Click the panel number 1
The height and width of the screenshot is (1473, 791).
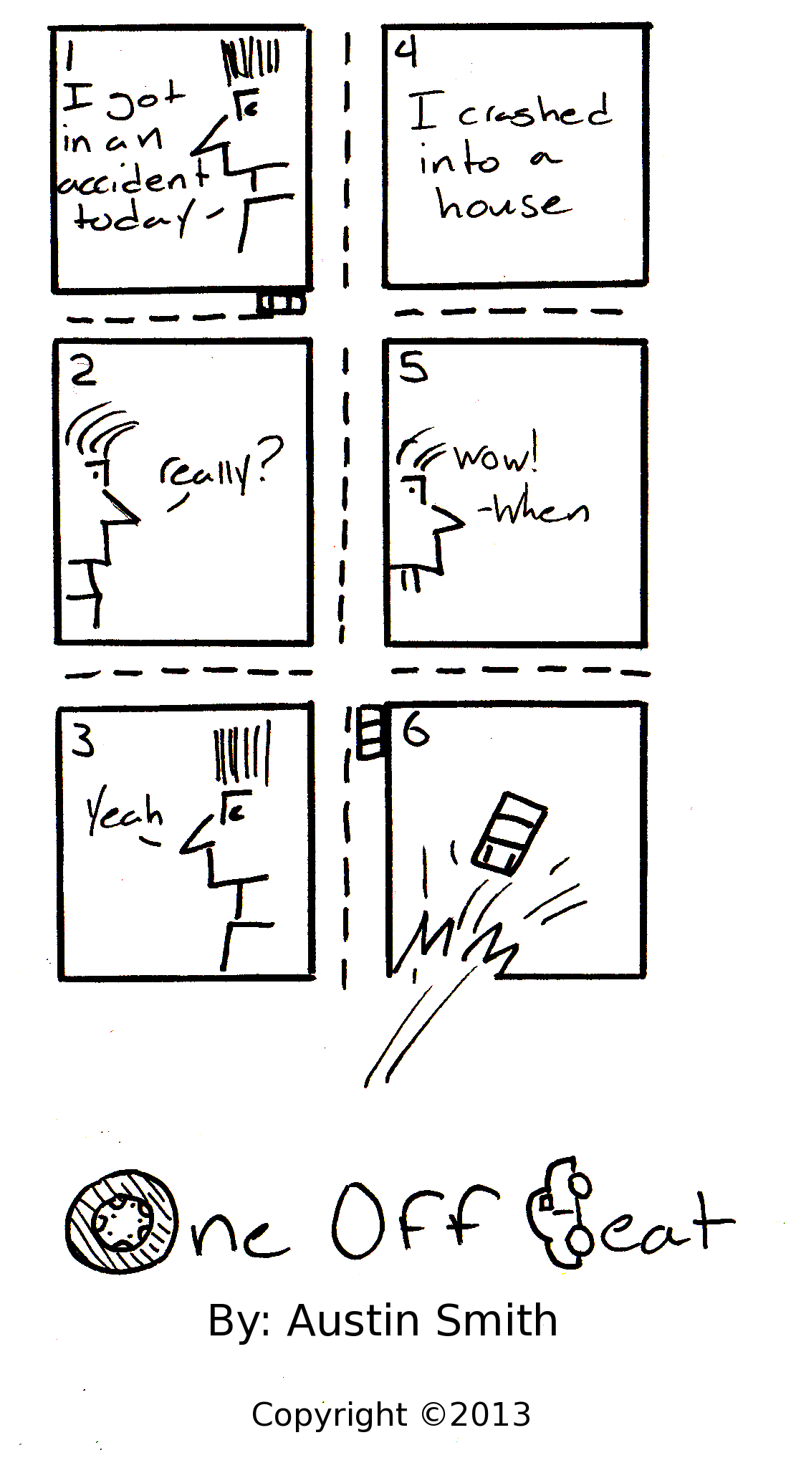tap(69, 56)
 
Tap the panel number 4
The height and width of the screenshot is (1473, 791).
tap(406, 52)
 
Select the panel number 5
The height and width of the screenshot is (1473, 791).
tap(413, 368)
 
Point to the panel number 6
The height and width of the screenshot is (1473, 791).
tap(416, 730)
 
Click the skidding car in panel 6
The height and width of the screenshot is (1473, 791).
tap(509, 833)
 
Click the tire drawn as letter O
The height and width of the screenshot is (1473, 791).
tap(121, 1222)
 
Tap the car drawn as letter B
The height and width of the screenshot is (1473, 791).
tap(560, 1211)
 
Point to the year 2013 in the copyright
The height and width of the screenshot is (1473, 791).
tap(491, 1415)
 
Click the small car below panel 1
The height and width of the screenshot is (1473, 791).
tap(282, 303)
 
